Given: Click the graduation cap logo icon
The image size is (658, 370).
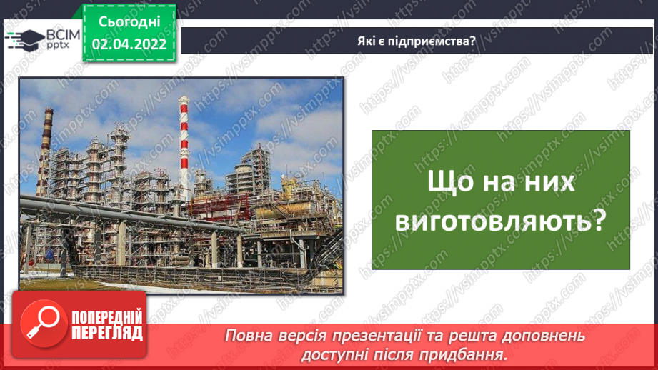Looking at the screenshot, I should tap(23, 38).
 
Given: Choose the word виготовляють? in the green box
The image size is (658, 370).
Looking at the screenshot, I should tap(500, 221).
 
